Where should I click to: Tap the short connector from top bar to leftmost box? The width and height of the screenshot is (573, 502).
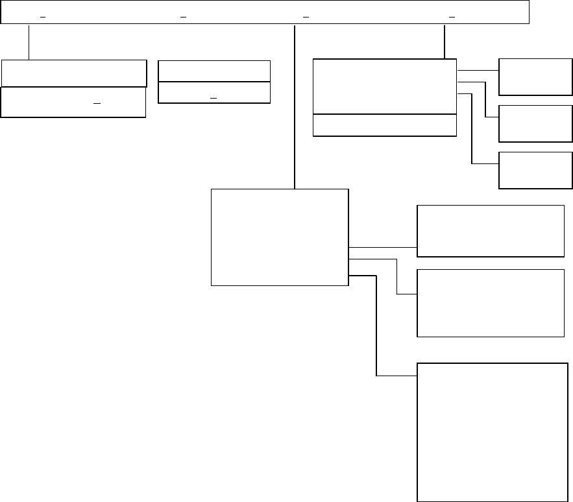coord(29,42)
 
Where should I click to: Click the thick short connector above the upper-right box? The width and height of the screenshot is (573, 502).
coord(445,42)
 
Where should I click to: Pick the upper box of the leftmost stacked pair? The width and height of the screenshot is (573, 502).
coord(73,73)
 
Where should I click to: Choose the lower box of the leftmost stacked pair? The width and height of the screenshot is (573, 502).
coord(73,102)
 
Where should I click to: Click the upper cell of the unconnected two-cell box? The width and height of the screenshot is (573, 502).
coord(214,71)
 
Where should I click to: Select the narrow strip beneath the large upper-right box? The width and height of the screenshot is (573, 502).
coord(385,125)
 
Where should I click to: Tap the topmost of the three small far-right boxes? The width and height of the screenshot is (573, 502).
coord(535,77)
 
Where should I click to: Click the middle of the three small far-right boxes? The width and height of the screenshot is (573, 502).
coord(535,123)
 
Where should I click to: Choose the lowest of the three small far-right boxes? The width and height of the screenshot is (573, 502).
coord(535,170)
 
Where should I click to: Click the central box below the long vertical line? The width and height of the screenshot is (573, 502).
coord(280,237)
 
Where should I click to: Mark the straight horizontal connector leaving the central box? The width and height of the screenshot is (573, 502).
coord(382,247)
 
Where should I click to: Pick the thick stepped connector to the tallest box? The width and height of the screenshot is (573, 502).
coord(376,324)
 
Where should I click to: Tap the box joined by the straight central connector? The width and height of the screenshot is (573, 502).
coord(490,232)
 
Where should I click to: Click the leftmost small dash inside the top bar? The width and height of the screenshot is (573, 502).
coord(42,16)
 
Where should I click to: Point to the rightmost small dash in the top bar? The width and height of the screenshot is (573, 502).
coord(452,16)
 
